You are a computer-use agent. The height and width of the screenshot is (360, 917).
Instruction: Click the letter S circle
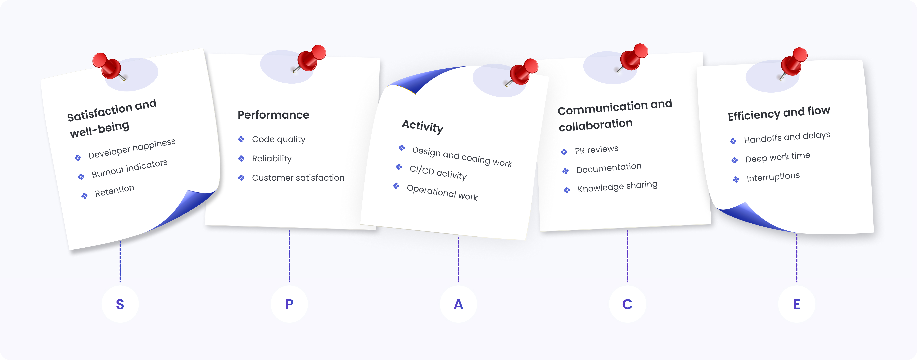[x=120, y=304]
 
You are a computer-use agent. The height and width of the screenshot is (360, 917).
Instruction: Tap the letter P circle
[x=289, y=304]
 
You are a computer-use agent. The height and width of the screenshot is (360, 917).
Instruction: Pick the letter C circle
[x=627, y=304]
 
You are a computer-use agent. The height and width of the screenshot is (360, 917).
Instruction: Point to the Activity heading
[x=423, y=126]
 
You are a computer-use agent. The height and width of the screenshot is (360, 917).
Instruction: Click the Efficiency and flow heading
[x=778, y=113]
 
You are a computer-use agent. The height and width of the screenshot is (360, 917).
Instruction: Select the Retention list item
[x=115, y=191]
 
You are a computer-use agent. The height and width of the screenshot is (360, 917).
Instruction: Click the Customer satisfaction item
[x=298, y=178]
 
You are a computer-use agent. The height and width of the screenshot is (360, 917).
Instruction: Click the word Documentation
[x=609, y=168]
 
